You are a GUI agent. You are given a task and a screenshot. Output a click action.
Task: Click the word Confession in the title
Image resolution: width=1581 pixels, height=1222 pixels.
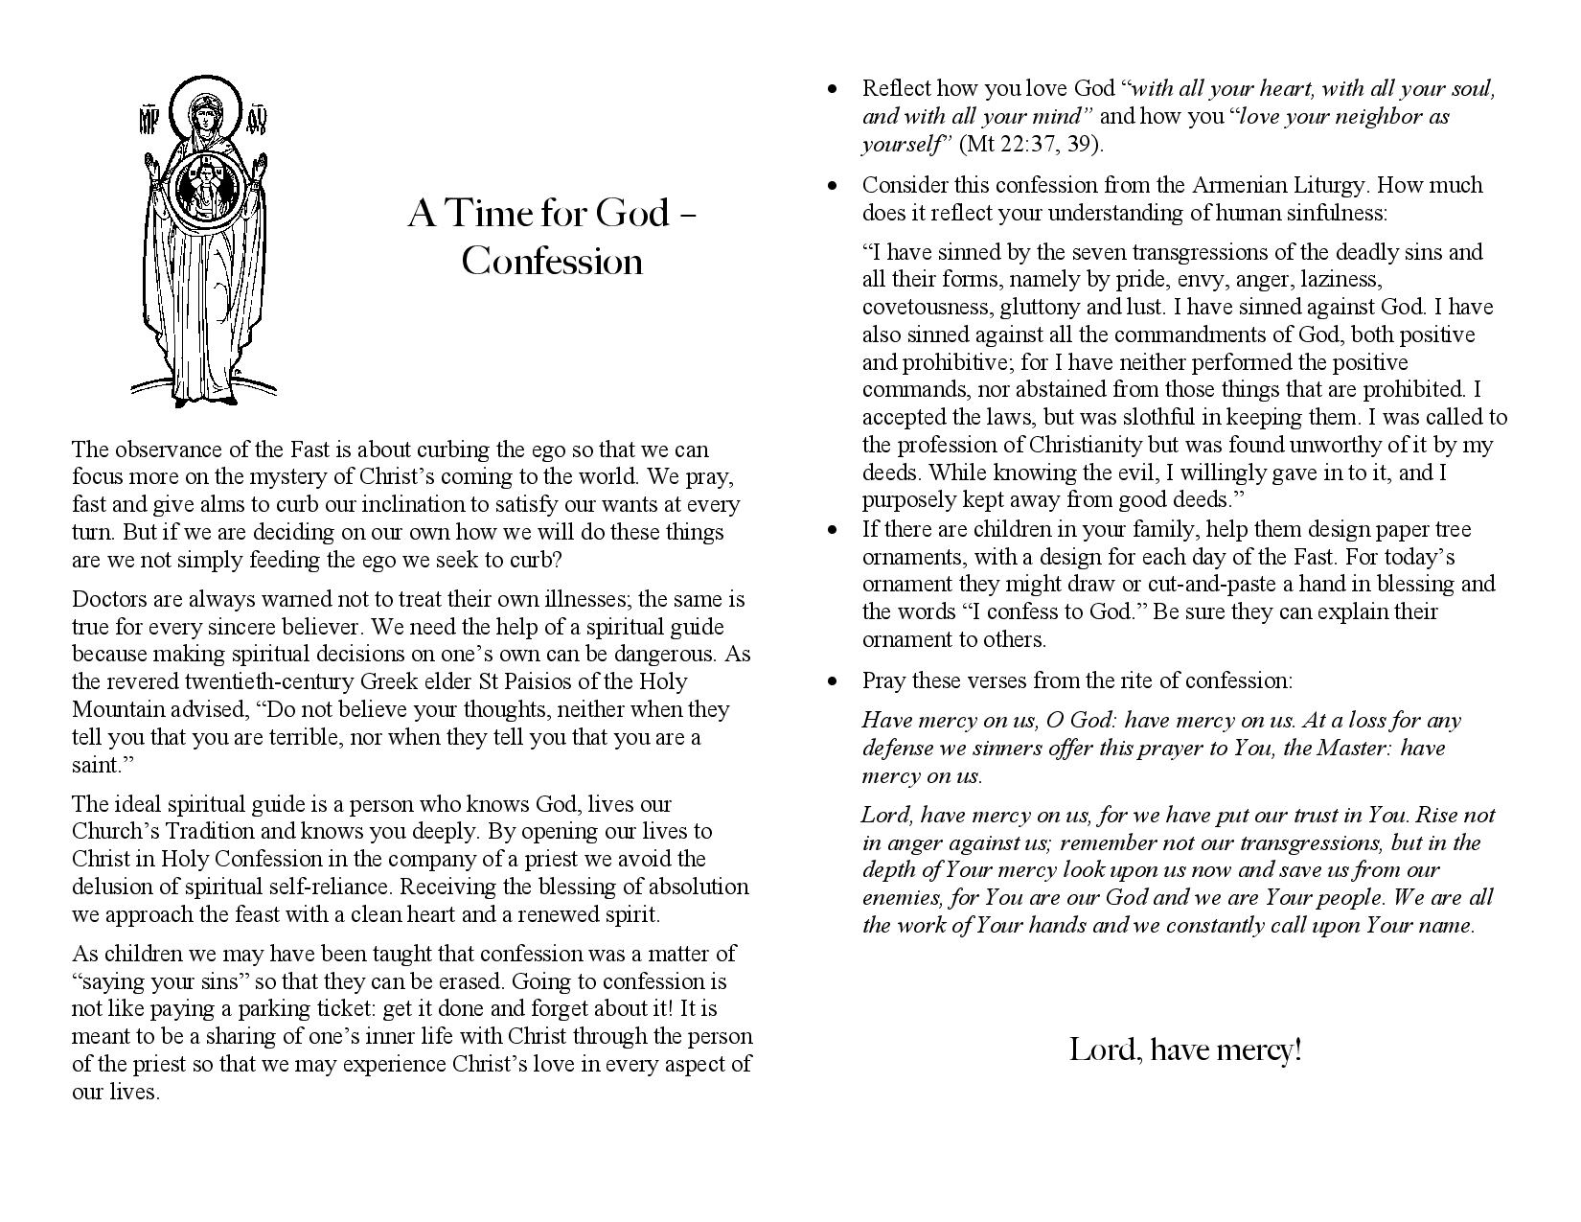[551, 262]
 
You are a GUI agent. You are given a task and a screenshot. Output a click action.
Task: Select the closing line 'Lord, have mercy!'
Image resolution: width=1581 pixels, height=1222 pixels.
[1185, 1050]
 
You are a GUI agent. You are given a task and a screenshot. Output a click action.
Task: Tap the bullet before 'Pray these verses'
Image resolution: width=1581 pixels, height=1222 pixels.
[832, 681]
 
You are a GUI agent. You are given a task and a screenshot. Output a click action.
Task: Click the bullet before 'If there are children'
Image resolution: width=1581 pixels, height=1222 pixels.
[832, 530]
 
